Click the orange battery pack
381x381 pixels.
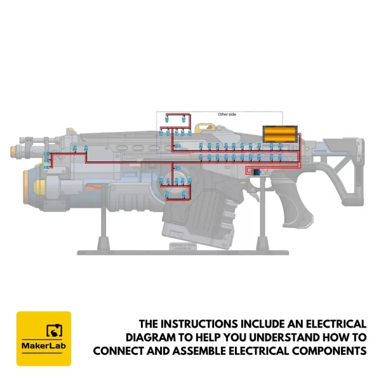pos(280,133)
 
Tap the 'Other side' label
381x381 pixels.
pos(227,114)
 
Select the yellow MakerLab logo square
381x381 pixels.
pos(43,338)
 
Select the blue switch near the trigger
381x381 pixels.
pos(257,172)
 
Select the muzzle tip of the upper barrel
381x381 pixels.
pos(15,151)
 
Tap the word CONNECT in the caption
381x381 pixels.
pos(120,350)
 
